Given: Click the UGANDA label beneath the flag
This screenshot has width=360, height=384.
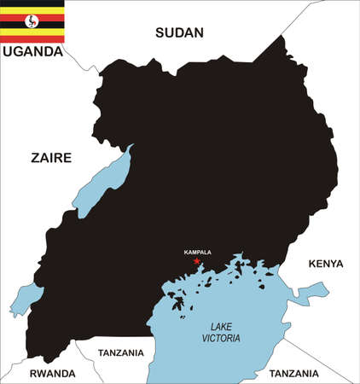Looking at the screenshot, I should pyautogui.click(x=32, y=51).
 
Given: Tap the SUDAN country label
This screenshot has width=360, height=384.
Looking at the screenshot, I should pyautogui.click(x=179, y=33).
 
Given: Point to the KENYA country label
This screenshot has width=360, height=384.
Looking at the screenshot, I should pyautogui.click(x=325, y=264).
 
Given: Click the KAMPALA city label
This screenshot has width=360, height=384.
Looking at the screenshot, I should pyautogui.click(x=197, y=252).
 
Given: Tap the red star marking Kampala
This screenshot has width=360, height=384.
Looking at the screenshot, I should pyautogui.click(x=197, y=261).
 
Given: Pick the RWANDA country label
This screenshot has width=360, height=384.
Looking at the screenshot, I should pyautogui.click(x=53, y=373).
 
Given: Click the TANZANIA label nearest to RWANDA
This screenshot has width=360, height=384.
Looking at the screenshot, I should pyautogui.click(x=121, y=352).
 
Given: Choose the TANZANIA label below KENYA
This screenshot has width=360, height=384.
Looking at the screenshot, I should pyautogui.click(x=293, y=373).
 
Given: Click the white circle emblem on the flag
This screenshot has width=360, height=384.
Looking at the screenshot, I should pyautogui.click(x=32, y=21).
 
